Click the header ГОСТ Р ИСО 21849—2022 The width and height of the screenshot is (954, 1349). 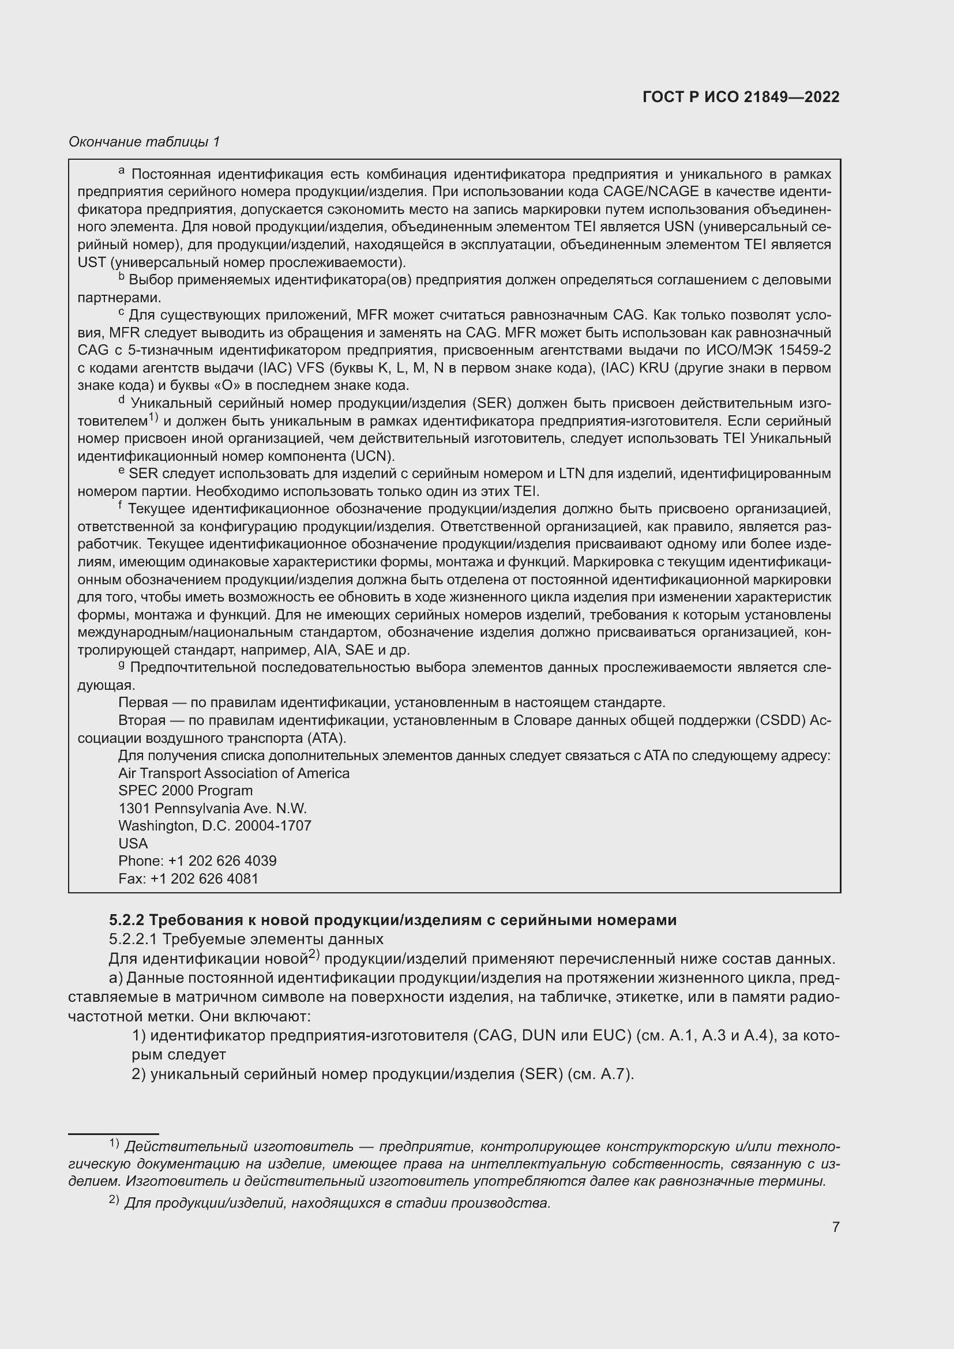point(741,97)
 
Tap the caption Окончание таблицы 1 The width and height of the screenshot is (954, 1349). point(144,142)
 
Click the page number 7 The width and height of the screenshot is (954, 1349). point(835,1227)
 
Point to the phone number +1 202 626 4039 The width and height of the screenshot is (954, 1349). point(222,860)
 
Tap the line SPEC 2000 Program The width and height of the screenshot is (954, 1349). point(185,790)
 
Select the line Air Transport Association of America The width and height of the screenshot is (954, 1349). point(234,773)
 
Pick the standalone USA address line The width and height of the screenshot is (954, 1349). point(133,843)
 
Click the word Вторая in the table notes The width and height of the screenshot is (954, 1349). point(141,720)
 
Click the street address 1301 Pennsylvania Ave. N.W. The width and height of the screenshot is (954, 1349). point(213,808)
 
